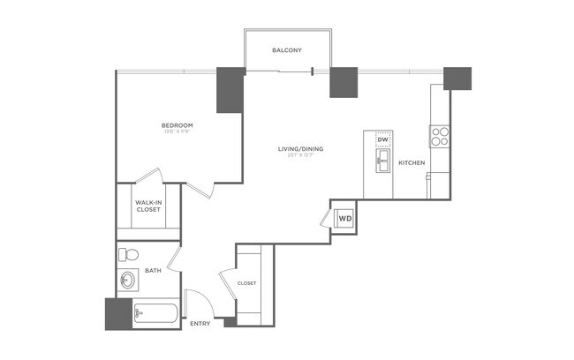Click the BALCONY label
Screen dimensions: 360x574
(288, 50)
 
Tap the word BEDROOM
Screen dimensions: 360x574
(177, 125)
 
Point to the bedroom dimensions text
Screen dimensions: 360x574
(177, 133)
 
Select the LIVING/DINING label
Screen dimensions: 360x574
(300, 148)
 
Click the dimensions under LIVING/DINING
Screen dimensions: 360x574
(300, 156)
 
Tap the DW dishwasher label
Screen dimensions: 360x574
(382, 140)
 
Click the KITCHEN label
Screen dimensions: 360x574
(412, 163)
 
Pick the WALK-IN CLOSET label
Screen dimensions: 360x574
(147, 206)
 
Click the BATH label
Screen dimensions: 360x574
(153, 270)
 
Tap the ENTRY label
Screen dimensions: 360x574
(200, 324)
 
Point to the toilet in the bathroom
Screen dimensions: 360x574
(129, 255)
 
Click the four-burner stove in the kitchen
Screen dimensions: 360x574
(439, 136)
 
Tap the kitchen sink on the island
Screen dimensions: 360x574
(383, 160)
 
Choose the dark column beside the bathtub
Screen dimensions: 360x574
(117, 313)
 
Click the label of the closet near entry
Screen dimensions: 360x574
(247, 283)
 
